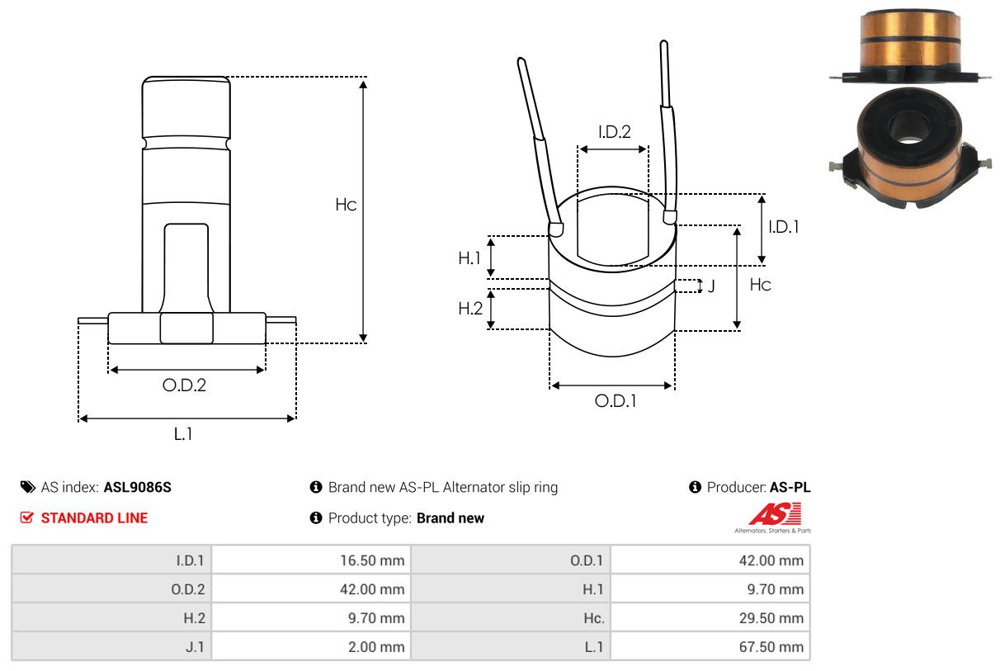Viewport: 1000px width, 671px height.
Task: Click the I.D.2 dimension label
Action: coord(614,131)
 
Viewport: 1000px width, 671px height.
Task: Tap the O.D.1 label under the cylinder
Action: coord(616,402)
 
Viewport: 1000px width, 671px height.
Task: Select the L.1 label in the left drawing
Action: coord(183,433)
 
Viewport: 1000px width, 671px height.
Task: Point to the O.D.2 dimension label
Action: coord(184,385)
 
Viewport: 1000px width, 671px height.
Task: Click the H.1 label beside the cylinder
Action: coord(469,258)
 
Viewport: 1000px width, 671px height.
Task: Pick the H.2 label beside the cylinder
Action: coord(469,309)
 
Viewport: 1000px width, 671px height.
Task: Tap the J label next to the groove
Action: coord(710,286)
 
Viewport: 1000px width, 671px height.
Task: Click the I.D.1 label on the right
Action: coord(783,227)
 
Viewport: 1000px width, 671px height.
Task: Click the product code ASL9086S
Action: coord(138,487)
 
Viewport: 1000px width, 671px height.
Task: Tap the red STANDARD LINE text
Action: coord(94,518)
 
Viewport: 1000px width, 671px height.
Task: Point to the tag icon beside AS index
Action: coord(28,487)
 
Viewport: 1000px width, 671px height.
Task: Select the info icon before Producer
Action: coord(695,487)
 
